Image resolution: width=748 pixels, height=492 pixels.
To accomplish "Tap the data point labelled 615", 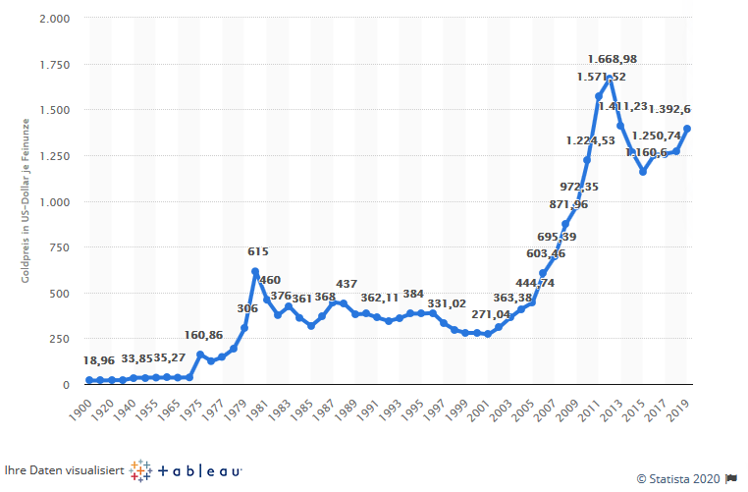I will click(x=255, y=271).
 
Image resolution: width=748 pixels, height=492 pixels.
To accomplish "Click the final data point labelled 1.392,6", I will click(x=687, y=129).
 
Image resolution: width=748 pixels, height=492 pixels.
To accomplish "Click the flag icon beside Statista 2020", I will click(x=730, y=479).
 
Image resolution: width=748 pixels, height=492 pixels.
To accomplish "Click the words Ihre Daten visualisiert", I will click(x=63, y=471).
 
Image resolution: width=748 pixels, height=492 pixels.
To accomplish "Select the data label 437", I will click(x=347, y=285).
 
